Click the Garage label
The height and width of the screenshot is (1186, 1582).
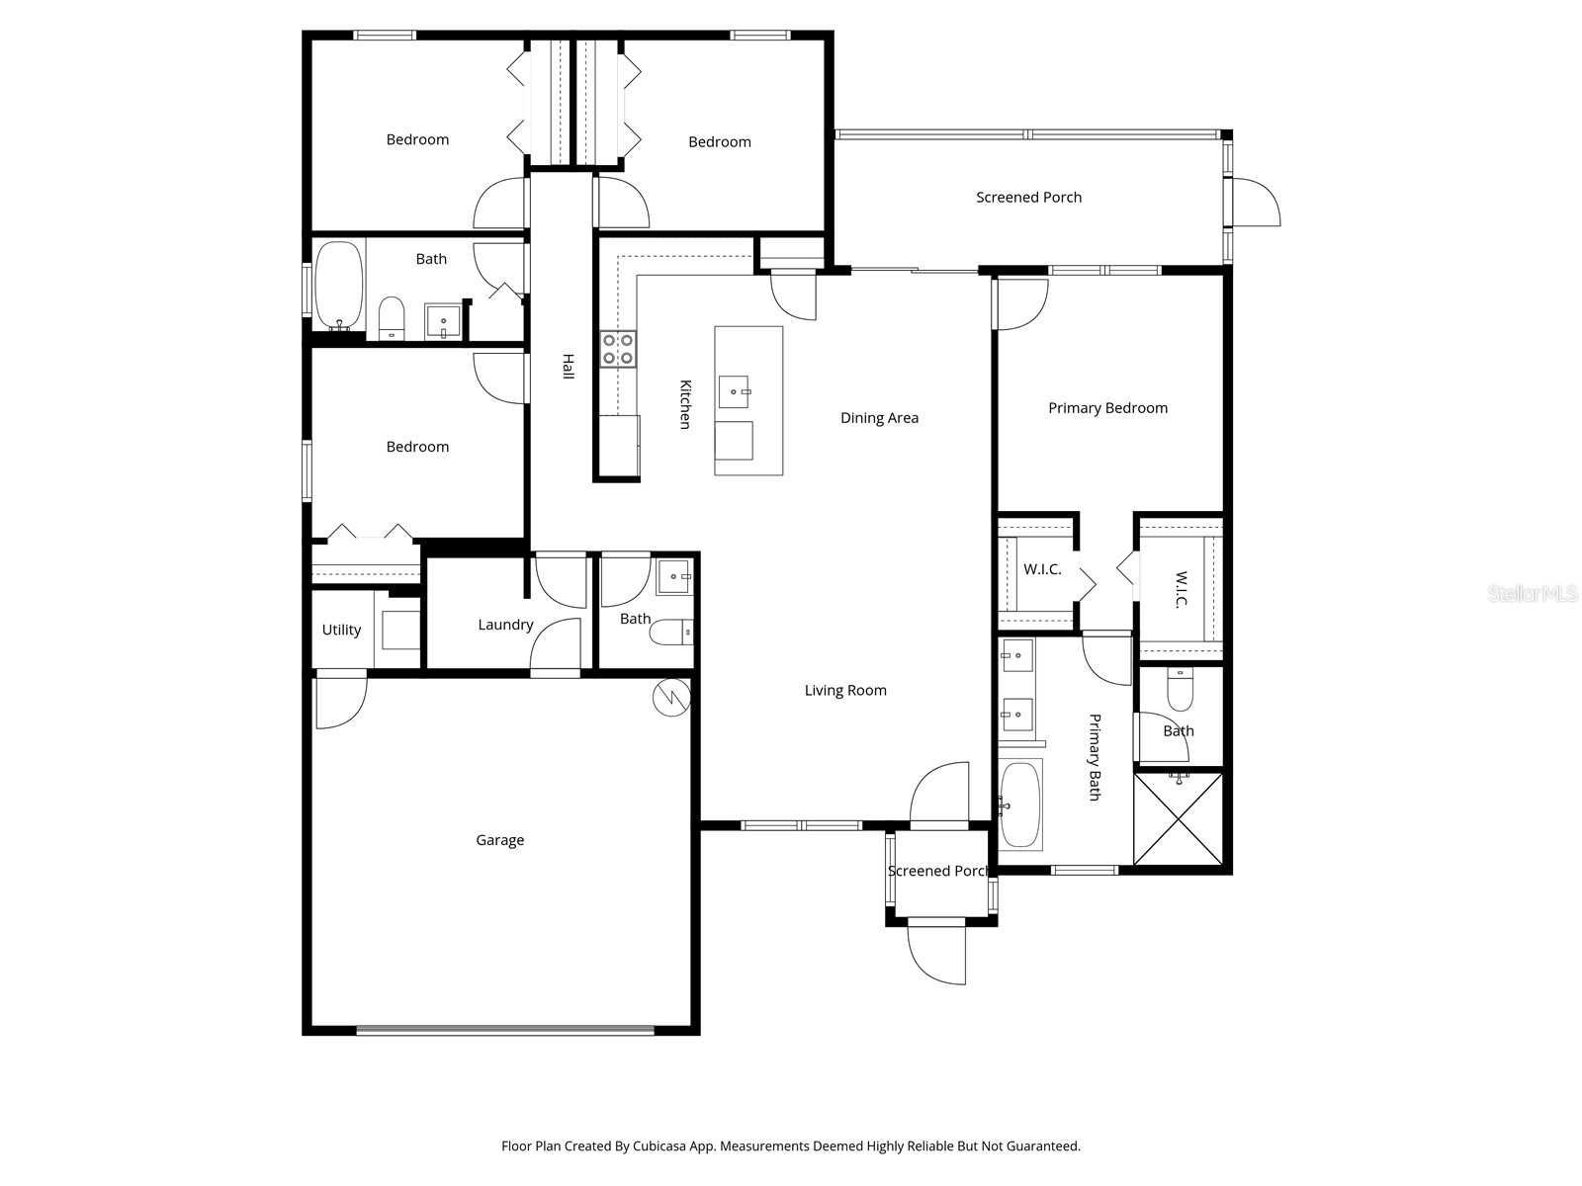coord(499,840)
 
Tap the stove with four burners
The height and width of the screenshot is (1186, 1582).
coord(619,349)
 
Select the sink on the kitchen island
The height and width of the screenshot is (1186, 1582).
coord(734,391)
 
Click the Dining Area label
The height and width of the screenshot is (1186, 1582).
coord(879,418)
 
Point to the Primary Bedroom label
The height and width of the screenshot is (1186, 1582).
coord(1107,408)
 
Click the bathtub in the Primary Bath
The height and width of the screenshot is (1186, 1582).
coord(1020,805)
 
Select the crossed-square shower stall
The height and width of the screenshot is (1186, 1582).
coord(1179,818)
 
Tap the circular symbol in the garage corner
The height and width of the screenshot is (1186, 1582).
coord(669,698)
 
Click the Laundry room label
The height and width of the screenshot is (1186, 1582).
coord(505,625)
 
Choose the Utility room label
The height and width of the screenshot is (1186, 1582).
coord(341,630)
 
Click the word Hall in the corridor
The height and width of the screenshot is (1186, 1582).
coord(568,366)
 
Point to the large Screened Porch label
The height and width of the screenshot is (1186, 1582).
coord(1028,198)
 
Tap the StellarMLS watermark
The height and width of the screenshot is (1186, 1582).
coord(1533,594)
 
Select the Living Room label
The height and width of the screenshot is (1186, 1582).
coord(845,691)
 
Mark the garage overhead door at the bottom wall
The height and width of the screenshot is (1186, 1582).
coord(504,1030)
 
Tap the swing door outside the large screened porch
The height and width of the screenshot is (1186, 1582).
coord(1256,203)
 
